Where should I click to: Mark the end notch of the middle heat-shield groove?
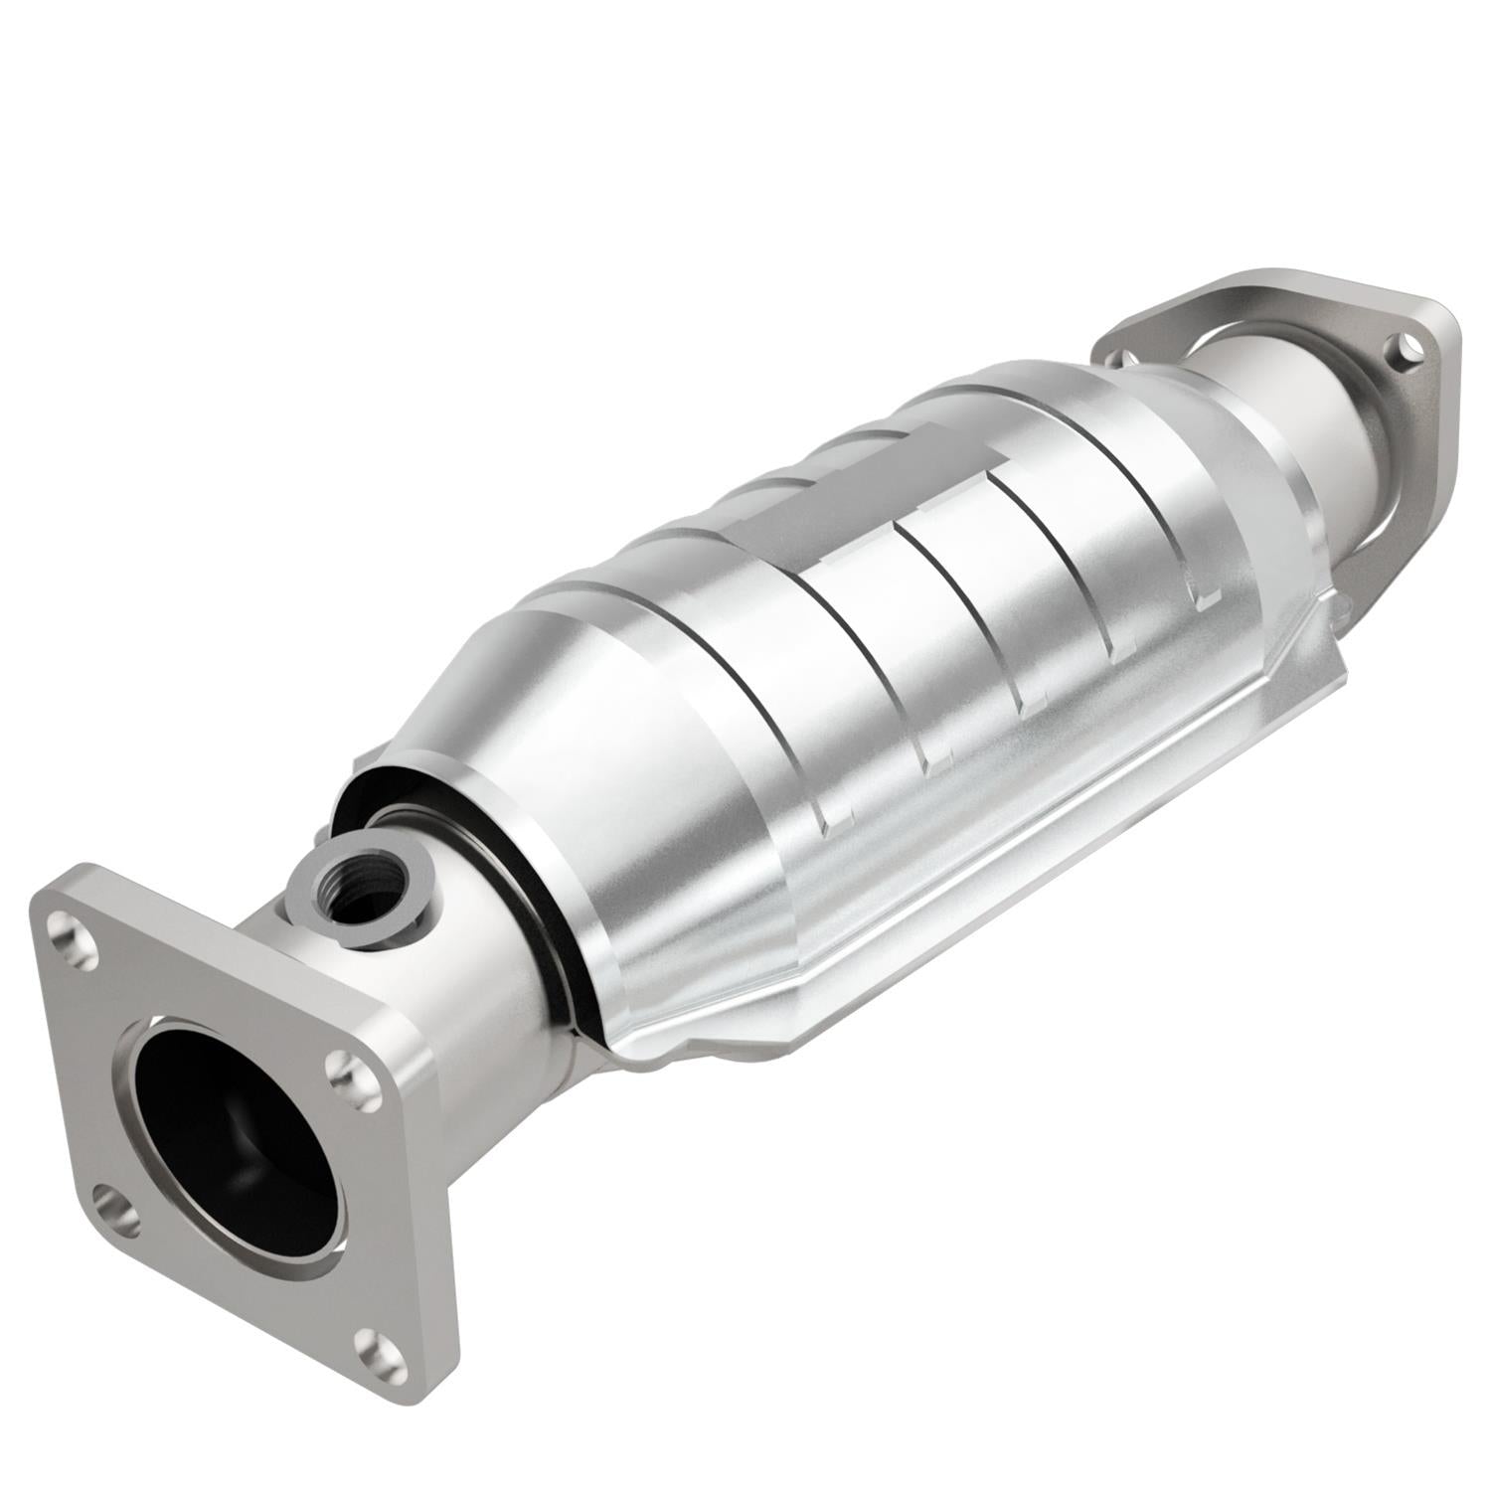click(1029, 696)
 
